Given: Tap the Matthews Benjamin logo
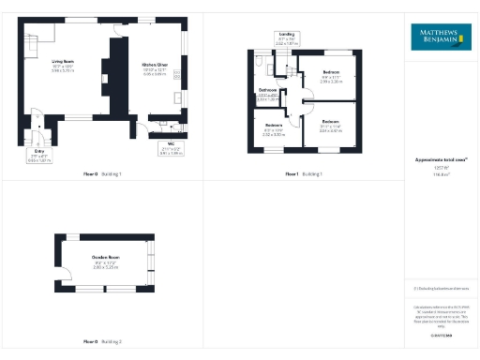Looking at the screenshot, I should click(x=441, y=38).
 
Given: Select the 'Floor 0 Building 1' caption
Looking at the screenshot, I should click(x=103, y=174).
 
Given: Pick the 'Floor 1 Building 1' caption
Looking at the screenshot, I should click(x=304, y=174).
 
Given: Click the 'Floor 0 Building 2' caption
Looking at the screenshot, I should click(x=103, y=341).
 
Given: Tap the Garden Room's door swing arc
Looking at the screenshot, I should click(x=67, y=275).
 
